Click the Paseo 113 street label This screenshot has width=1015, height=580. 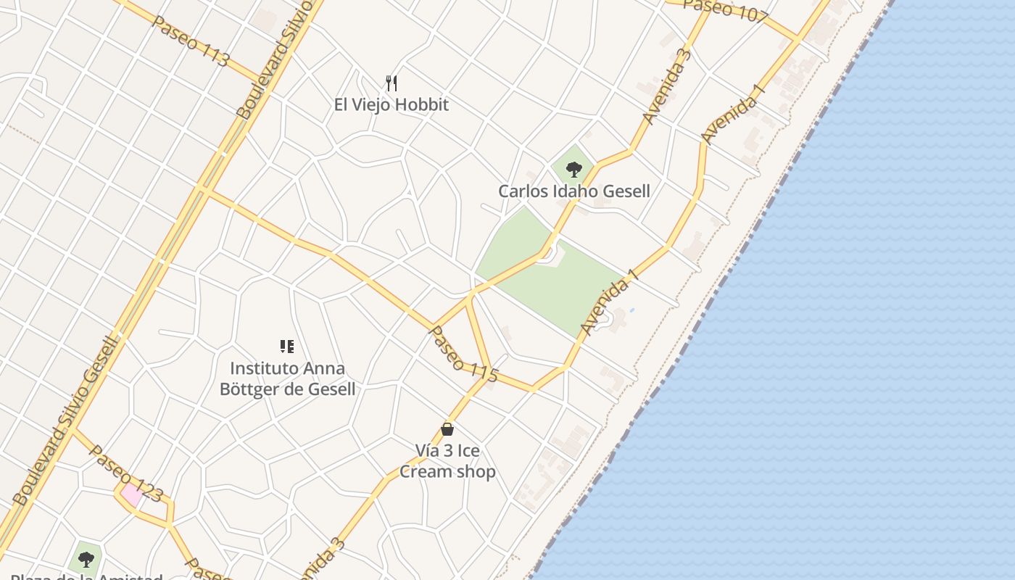190,41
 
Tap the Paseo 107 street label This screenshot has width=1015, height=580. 724,10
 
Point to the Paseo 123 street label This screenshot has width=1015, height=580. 125,473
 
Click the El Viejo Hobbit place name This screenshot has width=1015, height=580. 391,104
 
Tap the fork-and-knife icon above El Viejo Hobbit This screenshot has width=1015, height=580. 391,83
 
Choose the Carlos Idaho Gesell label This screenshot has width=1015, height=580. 573,191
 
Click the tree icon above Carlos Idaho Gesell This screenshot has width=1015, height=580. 573,170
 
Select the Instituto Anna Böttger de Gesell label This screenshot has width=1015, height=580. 288,378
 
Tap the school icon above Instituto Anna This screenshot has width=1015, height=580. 287,347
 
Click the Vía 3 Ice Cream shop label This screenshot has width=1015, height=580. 447,461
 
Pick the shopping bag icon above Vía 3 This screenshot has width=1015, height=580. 447,429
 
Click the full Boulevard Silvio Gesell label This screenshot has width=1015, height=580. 65,420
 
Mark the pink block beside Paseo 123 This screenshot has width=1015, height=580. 132,495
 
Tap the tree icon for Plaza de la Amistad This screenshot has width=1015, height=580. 86,559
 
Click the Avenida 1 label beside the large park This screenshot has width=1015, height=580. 604,306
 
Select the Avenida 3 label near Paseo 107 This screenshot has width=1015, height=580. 666,86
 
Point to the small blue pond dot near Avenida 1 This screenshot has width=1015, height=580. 632,310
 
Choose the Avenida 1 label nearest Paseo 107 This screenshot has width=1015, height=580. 733,114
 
